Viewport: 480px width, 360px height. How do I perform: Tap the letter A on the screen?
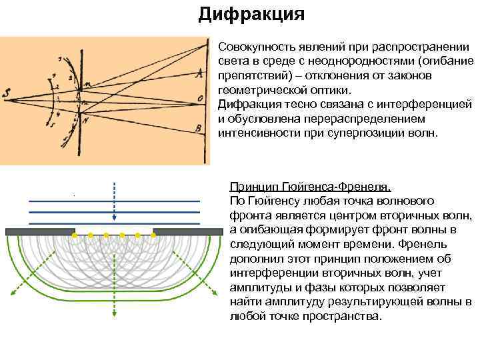(197, 75)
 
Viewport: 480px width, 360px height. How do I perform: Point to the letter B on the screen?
(198, 127)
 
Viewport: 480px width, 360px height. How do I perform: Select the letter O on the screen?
(199, 99)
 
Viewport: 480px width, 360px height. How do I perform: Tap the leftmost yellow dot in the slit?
(74, 235)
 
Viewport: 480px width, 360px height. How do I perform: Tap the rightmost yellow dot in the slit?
(153, 235)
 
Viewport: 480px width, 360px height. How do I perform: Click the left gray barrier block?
(39, 231)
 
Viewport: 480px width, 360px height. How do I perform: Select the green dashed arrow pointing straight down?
(114, 293)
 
